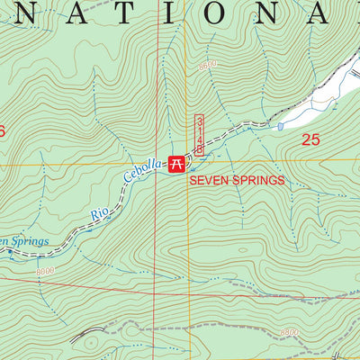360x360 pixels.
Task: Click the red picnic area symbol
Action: [178, 164]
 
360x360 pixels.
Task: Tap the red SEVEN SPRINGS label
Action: [236, 180]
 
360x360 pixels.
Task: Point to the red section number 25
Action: [310, 139]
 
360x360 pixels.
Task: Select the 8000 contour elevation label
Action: [45, 271]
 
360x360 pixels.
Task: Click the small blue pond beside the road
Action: [280, 126]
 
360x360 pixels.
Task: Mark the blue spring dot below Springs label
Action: [11, 254]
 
